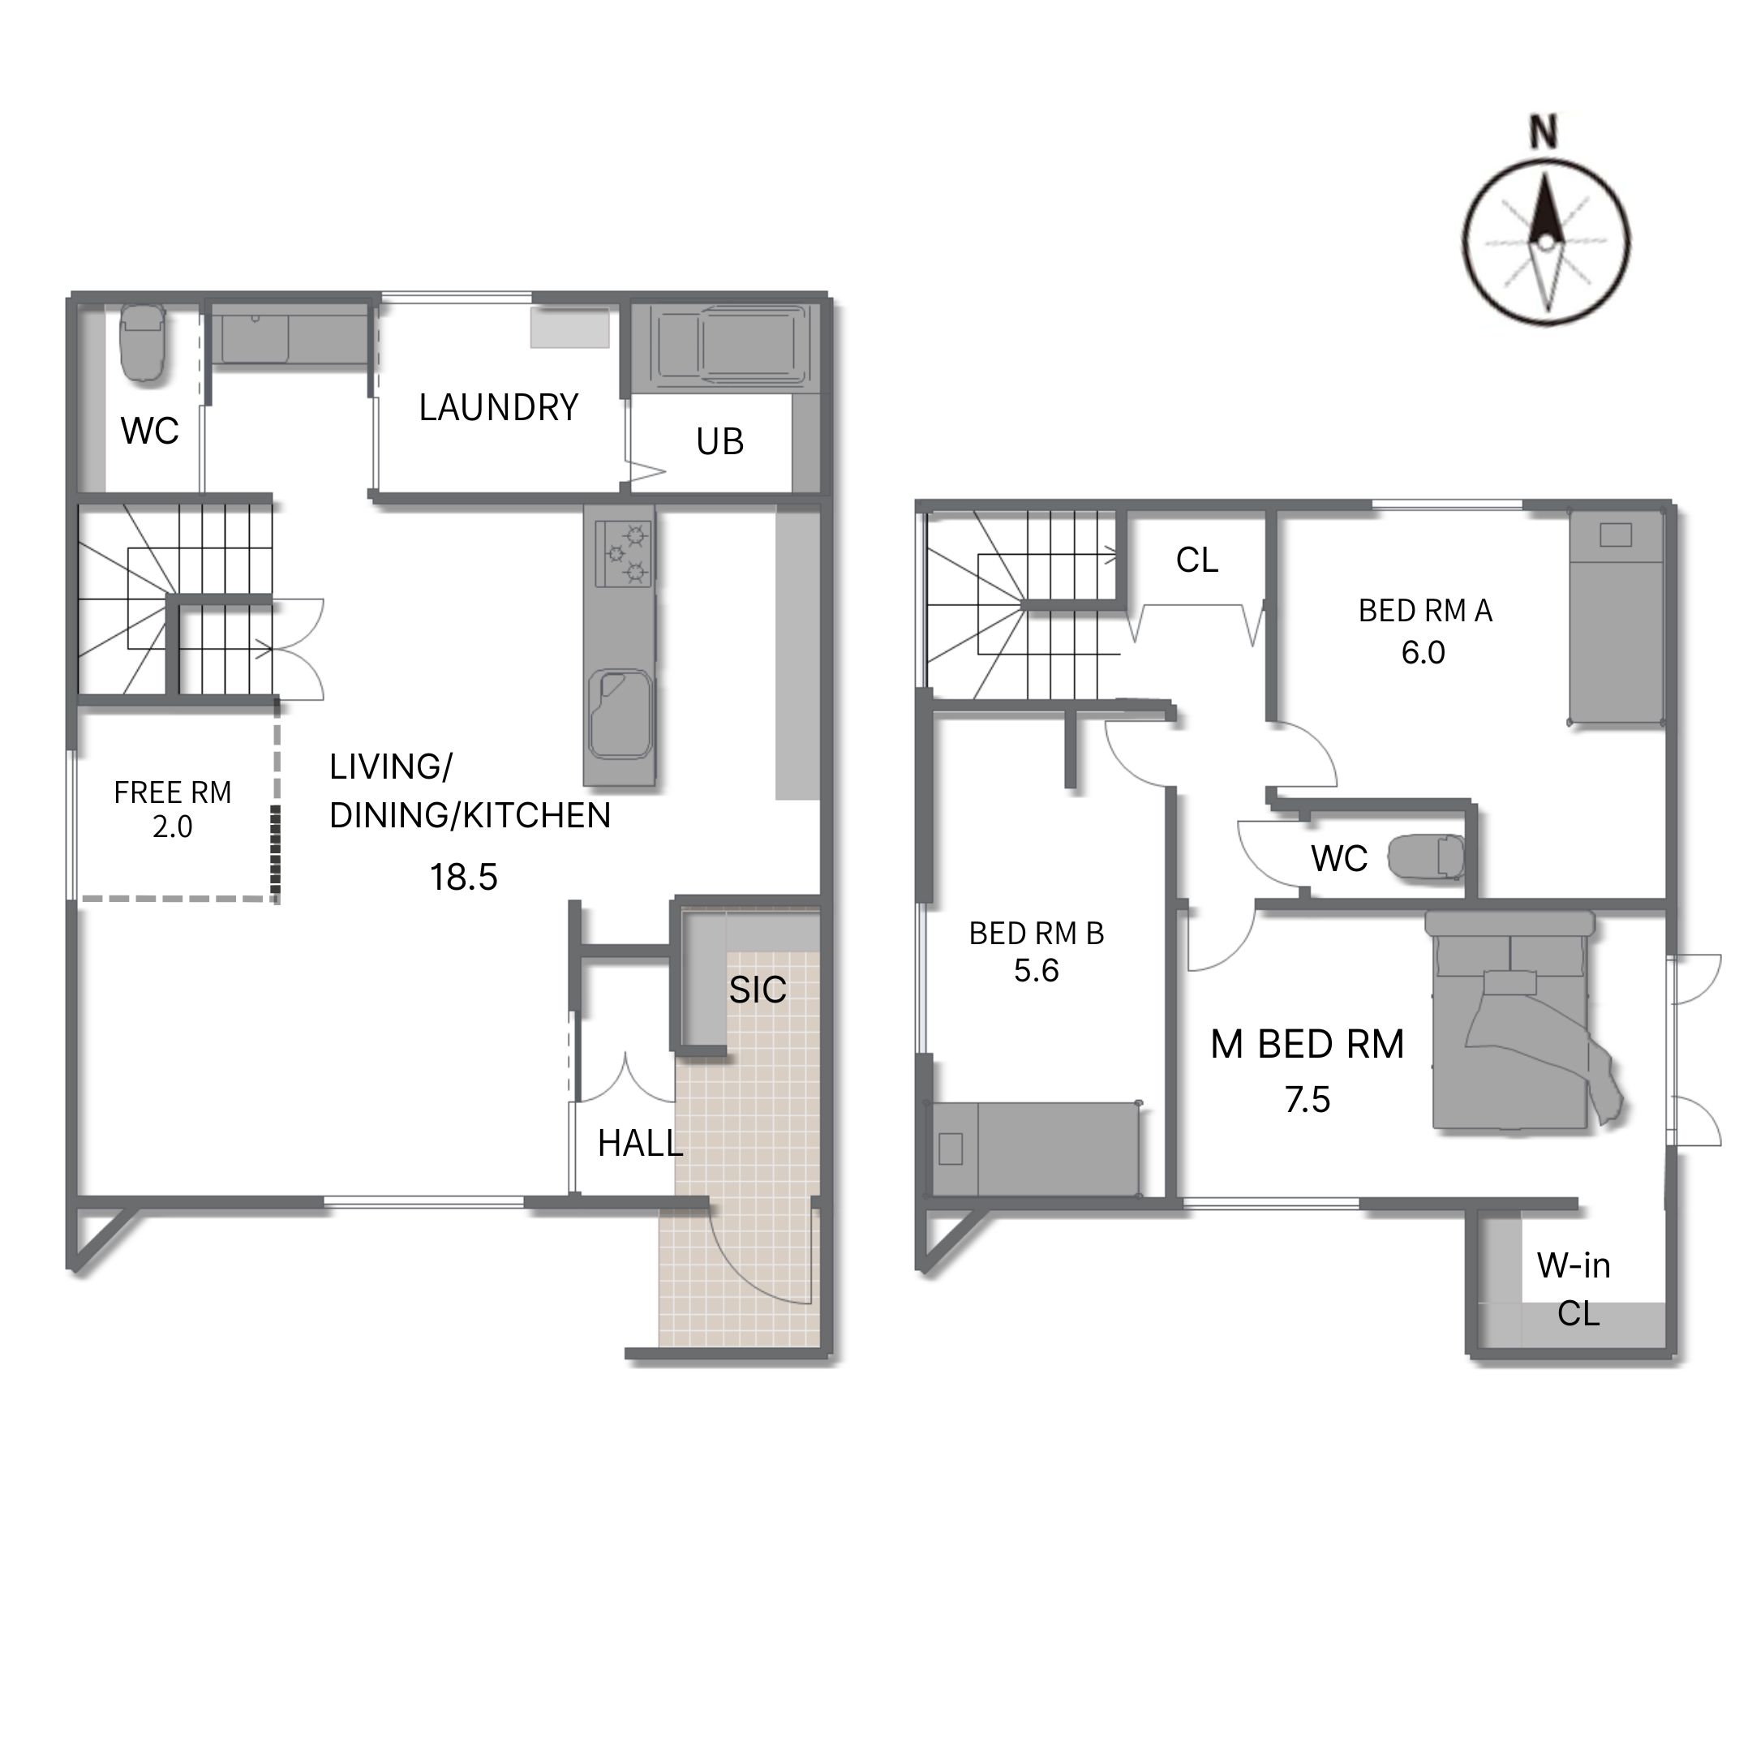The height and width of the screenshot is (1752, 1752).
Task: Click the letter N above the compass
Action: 1543,131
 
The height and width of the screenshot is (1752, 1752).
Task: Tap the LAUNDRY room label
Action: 499,408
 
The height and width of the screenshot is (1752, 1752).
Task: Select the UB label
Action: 720,441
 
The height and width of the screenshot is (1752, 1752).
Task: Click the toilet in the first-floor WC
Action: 143,341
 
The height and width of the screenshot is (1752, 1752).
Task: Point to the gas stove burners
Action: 624,552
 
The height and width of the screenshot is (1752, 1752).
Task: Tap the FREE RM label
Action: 172,793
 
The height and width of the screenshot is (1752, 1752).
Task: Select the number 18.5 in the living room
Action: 463,878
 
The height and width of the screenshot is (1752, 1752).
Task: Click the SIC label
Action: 758,990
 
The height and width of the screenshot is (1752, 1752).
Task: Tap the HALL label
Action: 640,1144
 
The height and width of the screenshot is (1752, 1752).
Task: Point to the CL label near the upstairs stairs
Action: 1197,560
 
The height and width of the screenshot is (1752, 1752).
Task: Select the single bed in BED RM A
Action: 1617,616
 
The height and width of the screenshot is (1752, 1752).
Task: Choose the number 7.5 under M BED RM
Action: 1308,1100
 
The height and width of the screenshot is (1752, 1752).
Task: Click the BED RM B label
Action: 1037,933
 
